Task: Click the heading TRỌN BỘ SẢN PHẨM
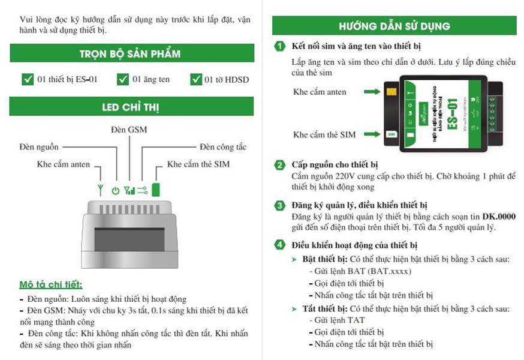click(130, 54)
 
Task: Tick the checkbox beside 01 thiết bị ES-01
click(28, 79)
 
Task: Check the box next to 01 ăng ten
click(123, 79)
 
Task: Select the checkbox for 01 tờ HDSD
click(196, 79)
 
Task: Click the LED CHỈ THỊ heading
click(130, 107)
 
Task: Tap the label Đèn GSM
click(129, 129)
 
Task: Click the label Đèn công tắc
click(223, 147)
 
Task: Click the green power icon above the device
click(116, 191)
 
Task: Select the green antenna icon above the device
click(100, 190)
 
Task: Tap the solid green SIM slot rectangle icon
click(156, 190)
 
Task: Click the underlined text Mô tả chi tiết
click(51, 284)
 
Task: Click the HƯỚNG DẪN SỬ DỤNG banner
click(394, 26)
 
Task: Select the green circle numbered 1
click(280, 46)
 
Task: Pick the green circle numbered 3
click(280, 205)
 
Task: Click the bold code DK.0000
click(499, 216)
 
